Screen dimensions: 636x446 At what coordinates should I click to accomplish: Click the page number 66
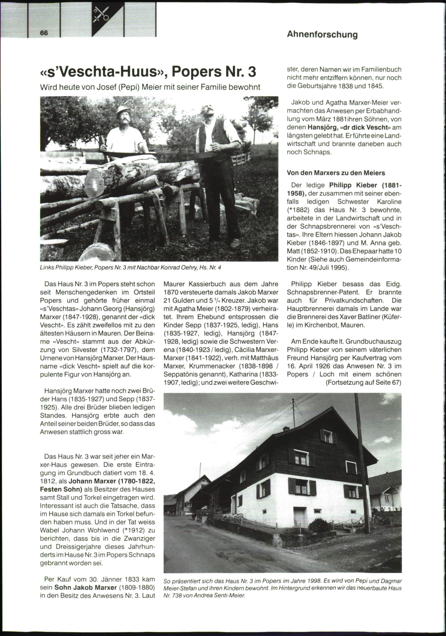(x=44, y=33)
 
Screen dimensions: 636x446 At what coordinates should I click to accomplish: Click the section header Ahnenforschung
(x=322, y=35)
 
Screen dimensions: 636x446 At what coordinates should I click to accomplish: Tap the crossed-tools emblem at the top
(x=101, y=14)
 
